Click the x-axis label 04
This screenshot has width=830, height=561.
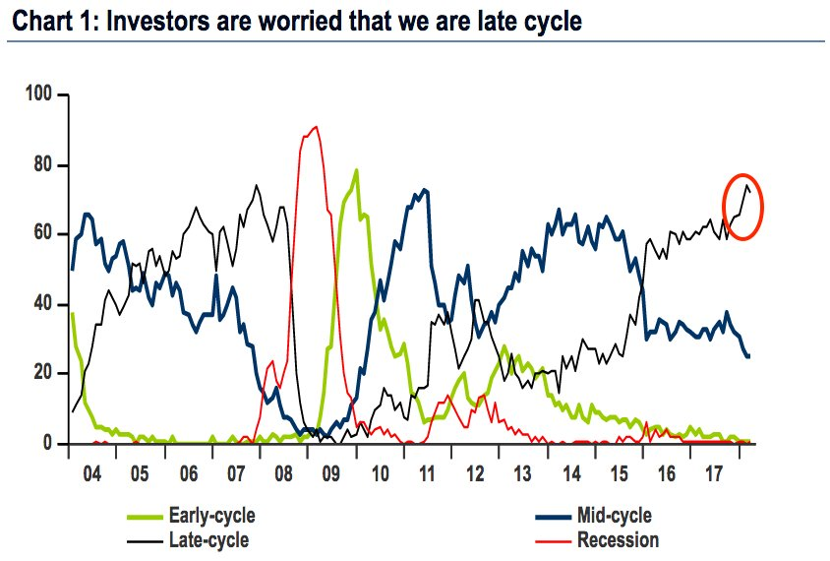coord(92,474)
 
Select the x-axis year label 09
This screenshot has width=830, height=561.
coord(330,474)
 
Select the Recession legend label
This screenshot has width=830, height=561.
coord(618,539)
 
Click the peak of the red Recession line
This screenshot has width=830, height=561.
coord(315,127)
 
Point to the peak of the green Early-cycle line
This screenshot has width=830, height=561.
coord(355,169)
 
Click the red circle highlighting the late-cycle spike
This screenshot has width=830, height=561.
coord(744,206)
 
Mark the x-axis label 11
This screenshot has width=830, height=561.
coord(426,474)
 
